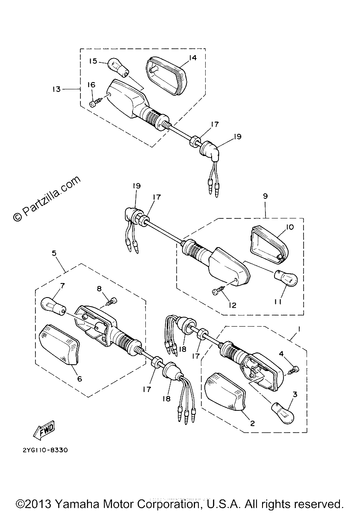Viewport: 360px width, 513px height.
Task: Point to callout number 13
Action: click(56, 88)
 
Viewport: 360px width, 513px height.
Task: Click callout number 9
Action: click(265, 196)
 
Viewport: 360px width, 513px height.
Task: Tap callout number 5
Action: click(54, 253)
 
